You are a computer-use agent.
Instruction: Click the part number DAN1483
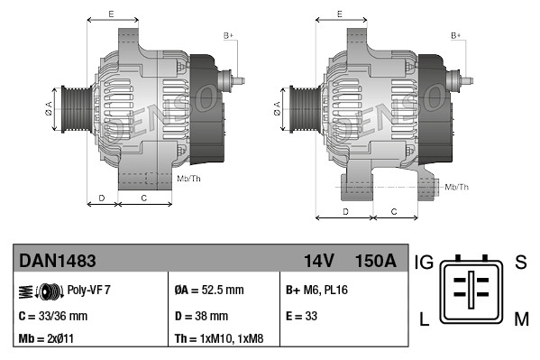click(x=58, y=261)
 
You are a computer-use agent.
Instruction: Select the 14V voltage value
click(x=319, y=261)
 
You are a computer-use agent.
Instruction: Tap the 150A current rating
click(x=377, y=261)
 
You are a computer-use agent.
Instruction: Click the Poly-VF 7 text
click(x=89, y=291)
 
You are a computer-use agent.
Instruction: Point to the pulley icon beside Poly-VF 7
click(x=40, y=291)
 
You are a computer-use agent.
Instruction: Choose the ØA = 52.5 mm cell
click(x=209, y=291)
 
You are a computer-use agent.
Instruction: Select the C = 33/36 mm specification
click(x=53, y=316)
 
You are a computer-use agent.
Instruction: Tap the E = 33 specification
click(x=302, y=316)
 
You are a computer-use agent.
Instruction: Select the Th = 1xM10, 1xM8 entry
click(x=220, y=340)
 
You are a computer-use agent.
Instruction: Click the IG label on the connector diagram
click(x=425, y=263)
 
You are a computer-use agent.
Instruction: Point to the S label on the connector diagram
click(x=519, y=263)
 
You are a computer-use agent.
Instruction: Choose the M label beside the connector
click(x=520, y=318)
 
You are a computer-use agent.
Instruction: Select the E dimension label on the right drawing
click(x=339, y=14)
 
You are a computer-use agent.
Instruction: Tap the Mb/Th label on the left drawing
click(x=189, y=179)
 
